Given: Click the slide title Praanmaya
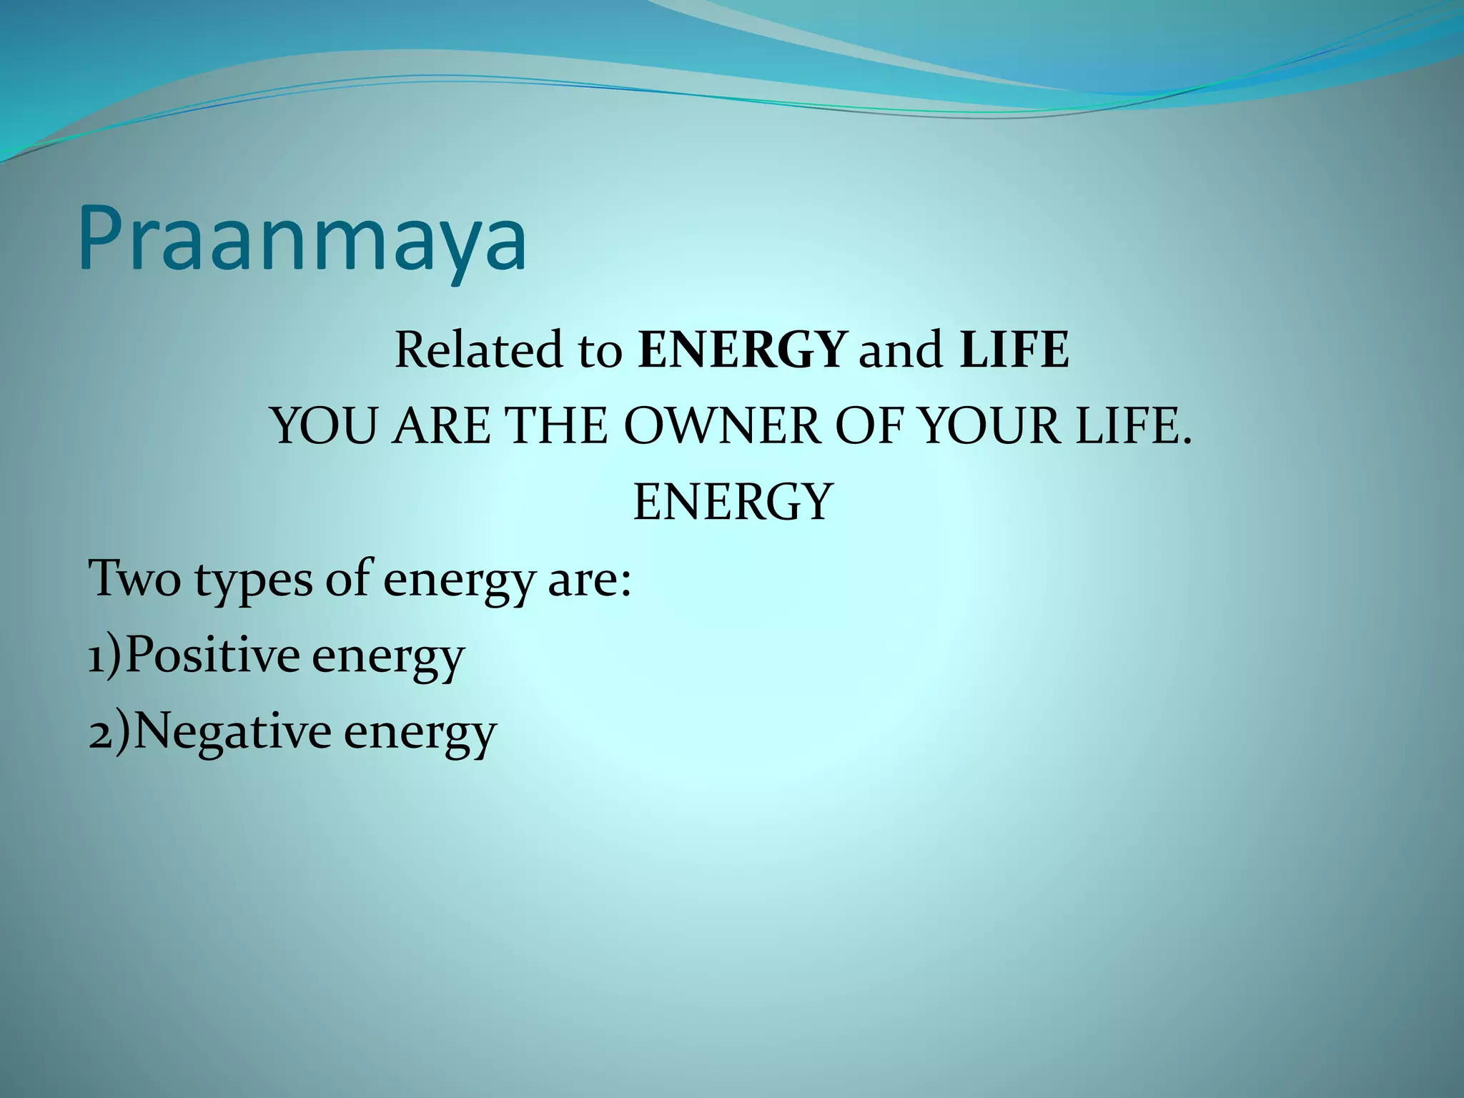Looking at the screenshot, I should pyautogui.click(x=303, y=239).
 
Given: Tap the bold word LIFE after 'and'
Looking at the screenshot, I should pyautogui.click(x=1014, y=350).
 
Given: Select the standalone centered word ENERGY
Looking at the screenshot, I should pyautogui.click(x=733, y=503).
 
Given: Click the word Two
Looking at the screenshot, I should pyautogui.click(x=134, y=579).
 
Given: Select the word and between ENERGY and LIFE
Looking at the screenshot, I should pyautogui.click(x=900, y=350).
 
